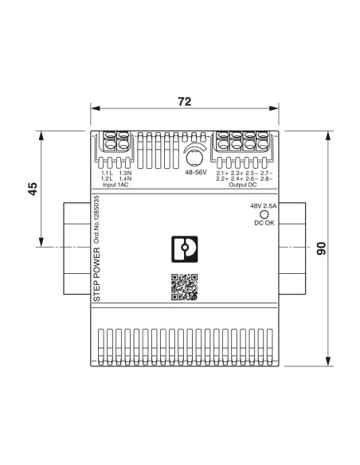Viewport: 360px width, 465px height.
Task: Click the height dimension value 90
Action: (321, 248)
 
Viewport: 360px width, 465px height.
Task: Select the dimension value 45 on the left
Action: (33, 190)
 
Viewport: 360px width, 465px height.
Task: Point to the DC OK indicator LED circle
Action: (262, 214)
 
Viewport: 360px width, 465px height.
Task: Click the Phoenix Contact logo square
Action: (184, 247)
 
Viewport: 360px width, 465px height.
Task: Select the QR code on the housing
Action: (184, 287)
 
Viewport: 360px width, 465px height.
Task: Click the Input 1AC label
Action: (116, 185)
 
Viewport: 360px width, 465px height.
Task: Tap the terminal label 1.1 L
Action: (108, 173)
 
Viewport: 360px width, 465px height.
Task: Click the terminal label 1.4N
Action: (125, 179)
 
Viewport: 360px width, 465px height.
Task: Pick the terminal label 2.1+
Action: (222, 173)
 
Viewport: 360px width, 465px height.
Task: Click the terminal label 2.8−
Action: (266, 179)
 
